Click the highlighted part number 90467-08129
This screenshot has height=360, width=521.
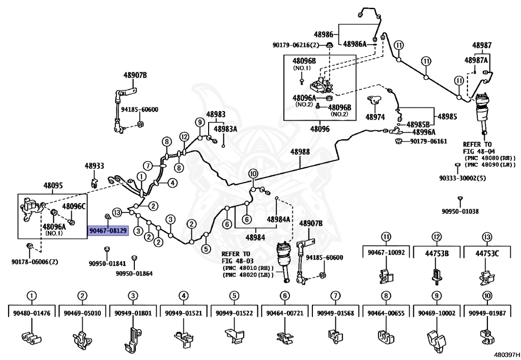[x=108, y=231]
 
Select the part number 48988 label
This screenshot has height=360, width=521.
[x=300, y=152]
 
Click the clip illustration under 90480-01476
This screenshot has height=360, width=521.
[x=32, y=337]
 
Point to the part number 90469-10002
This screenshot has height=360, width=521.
[x=436, y=313]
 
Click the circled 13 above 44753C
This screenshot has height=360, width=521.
[x=487, y=236]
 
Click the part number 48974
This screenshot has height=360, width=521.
[x=375, y=117]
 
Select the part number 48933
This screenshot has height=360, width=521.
[x=94, y=166]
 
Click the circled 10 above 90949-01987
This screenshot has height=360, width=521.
[x=487, y=295]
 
